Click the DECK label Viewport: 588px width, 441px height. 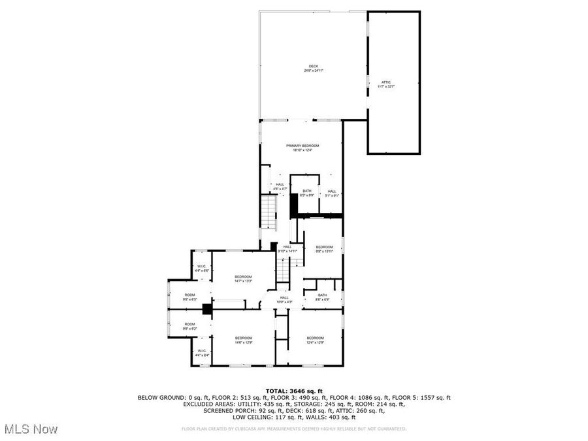pyautogui.click(x=314, y=68)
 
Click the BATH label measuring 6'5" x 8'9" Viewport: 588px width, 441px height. pyautogui.click(x=307, y=193)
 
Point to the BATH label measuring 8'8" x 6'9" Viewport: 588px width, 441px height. pyautogui.click(x=322, y=297)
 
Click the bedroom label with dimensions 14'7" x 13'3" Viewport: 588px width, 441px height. pyautogui.click(x=244, y=279)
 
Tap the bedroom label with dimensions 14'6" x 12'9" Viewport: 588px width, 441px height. pyautogui.click(x=244, y=340)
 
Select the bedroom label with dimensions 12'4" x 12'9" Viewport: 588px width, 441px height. pyautogui.click(x=316, y=340)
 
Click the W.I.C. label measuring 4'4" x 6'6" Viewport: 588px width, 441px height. pyautogui.click(x=202, y=269)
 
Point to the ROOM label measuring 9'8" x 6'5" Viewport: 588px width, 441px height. pyautogui.click(x=189, y=297)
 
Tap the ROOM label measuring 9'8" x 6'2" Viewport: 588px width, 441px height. pyautogui.click(x=189, y=326)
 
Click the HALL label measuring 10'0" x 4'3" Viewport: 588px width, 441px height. pyautogui.click(x=284, y=299)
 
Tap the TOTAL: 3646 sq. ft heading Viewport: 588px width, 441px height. pyautogui.click(x=293, y=391)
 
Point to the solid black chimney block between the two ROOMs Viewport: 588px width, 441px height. pyautogui.click(x=207, y=310)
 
